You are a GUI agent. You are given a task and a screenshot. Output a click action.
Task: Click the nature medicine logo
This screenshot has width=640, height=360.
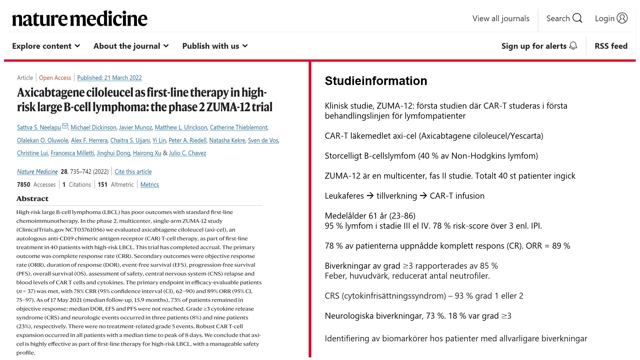(x=80, y=19)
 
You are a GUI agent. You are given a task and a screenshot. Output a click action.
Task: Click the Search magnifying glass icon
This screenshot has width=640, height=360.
(x=577, y=18)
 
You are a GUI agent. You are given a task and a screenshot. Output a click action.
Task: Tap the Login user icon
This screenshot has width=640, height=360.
(x=622, y=18)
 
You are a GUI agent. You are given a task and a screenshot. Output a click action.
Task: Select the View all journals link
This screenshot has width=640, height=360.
(x=501, y=19)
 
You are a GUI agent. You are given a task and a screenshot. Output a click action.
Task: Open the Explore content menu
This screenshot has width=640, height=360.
(x=46, y=46)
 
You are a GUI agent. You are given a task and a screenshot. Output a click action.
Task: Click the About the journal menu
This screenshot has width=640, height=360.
(x=131, y=46)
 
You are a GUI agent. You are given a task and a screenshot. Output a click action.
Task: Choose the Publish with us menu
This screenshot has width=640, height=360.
(x=215, y=46)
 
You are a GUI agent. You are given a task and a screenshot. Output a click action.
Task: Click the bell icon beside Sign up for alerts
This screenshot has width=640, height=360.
(x=573, y=46)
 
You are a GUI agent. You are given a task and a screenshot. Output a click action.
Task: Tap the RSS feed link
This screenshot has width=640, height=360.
(x=611, y=46)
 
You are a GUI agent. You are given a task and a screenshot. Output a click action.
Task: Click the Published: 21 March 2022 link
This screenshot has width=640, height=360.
(x=109, y=78)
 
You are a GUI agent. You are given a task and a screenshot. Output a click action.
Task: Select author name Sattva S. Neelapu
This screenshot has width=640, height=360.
(x=39, y=127)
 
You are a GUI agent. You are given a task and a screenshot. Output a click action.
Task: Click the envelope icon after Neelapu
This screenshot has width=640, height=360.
(x=65, y=126)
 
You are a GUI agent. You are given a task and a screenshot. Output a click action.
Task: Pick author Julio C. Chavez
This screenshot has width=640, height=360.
(x=187, y=153)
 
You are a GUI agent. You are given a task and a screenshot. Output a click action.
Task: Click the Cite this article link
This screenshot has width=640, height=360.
(x=133, y=172)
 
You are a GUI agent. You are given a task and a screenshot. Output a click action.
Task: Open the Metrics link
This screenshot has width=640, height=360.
(x=150, y=185)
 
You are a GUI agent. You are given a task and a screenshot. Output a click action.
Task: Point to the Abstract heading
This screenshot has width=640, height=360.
(x=32, y=199)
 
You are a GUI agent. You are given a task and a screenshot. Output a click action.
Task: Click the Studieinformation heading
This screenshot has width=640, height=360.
(x=376, y=81)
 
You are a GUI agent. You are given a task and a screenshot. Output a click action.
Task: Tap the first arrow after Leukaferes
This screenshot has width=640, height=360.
(x=370, y=196)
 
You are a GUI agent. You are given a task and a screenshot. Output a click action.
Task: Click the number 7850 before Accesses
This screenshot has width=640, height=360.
(x=23, y=185)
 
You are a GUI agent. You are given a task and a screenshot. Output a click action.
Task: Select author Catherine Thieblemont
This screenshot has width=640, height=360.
(x=239, y=127)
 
